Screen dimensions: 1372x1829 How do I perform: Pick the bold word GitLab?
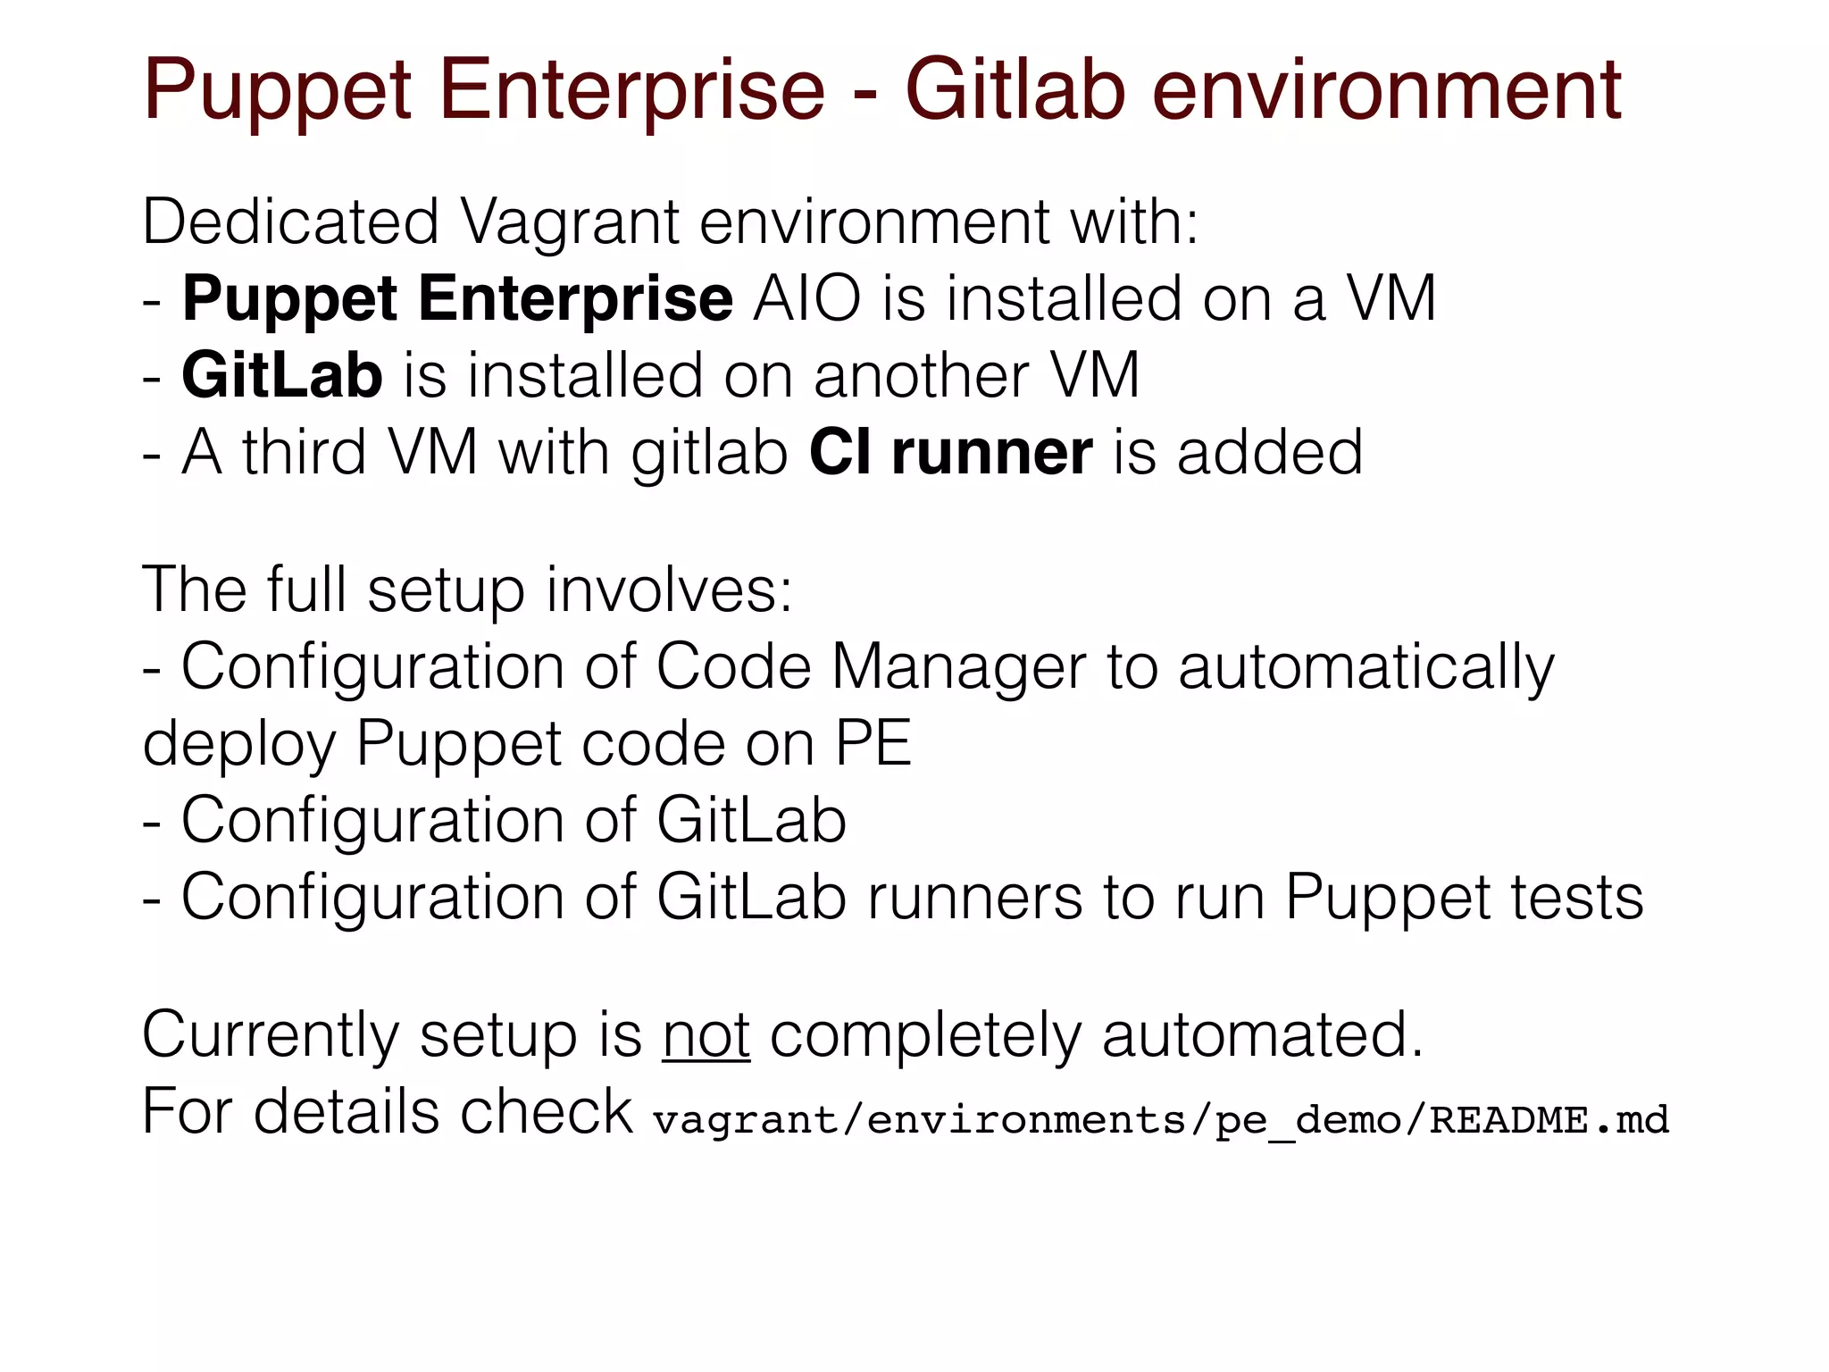[282, 375]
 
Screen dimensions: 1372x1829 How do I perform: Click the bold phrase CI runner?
[950, 452]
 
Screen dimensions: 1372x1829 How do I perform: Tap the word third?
[304, 452]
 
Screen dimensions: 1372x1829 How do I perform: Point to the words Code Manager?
[871, 667]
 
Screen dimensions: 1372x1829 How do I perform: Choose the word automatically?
[1365, 667]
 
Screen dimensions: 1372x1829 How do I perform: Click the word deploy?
[238, 744]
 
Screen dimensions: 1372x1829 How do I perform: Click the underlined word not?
[706, 1035]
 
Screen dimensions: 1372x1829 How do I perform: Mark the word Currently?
[271, 1035]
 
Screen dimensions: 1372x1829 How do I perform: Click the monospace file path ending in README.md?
[1160, 1119]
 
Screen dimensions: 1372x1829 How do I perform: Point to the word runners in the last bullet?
[974, 897]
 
